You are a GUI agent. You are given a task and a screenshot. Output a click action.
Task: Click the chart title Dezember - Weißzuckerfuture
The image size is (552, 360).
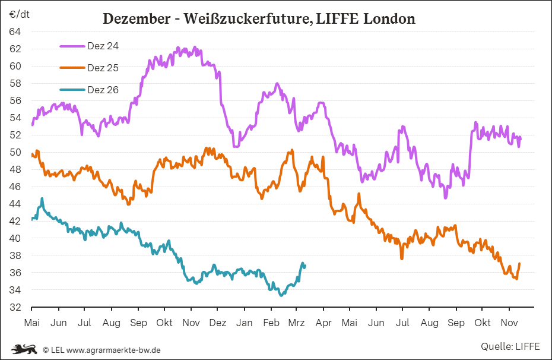[259, 19]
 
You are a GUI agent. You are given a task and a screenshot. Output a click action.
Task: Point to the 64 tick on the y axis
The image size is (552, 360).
[15, 31]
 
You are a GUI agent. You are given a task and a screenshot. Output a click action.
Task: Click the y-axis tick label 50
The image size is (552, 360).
[15, 152]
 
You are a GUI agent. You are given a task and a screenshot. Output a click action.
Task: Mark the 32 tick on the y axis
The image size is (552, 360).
[15, 308]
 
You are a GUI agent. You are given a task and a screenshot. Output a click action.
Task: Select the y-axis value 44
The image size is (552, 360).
[15, 204]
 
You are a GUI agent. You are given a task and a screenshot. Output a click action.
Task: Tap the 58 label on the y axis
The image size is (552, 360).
[15, 83]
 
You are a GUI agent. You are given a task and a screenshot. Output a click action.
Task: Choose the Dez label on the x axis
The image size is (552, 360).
[218, 323]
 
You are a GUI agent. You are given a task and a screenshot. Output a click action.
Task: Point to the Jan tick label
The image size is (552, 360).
[244, 323]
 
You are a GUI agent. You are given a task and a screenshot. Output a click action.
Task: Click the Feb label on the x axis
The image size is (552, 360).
[271, 323]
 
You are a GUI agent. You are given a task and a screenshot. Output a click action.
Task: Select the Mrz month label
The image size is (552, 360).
[296, 323]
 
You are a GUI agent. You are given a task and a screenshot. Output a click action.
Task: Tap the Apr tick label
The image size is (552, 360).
[323, 323]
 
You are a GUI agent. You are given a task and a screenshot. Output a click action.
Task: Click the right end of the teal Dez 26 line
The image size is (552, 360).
[304, 266]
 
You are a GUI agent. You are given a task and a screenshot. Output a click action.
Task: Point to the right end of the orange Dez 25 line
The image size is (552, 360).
[519, 264]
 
